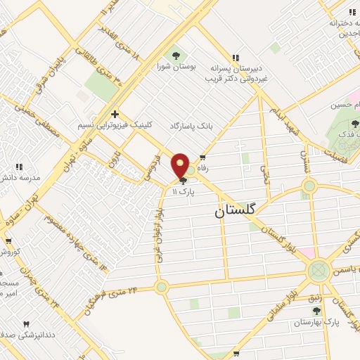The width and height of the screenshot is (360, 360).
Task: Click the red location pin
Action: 181,166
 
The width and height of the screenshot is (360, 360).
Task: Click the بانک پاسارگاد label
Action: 190,126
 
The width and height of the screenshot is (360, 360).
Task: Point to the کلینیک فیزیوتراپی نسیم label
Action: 114,126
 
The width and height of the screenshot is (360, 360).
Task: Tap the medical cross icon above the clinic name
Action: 115,113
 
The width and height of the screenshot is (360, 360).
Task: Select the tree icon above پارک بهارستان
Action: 316,310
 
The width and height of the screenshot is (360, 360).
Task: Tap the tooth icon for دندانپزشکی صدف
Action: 27,324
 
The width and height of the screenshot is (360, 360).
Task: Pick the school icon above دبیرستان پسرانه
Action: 236,58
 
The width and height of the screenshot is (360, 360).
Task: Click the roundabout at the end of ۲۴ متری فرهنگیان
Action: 162,288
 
